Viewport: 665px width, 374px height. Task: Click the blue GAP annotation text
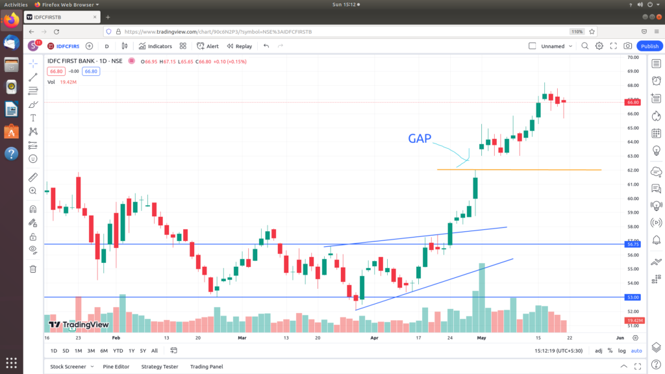[420, 139]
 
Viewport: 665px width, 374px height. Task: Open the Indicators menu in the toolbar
[155, 46]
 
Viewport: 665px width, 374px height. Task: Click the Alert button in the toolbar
[208, 46]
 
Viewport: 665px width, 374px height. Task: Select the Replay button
[240, 46]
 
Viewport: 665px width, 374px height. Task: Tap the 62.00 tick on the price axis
[633, 170]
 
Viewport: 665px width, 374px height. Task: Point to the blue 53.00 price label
[633, 297]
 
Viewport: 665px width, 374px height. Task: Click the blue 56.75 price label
[633, 244]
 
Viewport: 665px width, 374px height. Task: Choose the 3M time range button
[91, 351]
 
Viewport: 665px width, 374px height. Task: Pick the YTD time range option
[118, 351]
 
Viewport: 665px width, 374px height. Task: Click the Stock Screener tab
[68, 367]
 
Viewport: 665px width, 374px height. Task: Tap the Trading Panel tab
[207, 367]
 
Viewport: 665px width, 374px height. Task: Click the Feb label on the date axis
[116, 338]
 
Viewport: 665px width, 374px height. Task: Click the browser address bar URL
[218, 31]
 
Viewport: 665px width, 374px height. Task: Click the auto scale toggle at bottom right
[636, 351]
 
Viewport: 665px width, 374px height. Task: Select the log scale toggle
[621, 351]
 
